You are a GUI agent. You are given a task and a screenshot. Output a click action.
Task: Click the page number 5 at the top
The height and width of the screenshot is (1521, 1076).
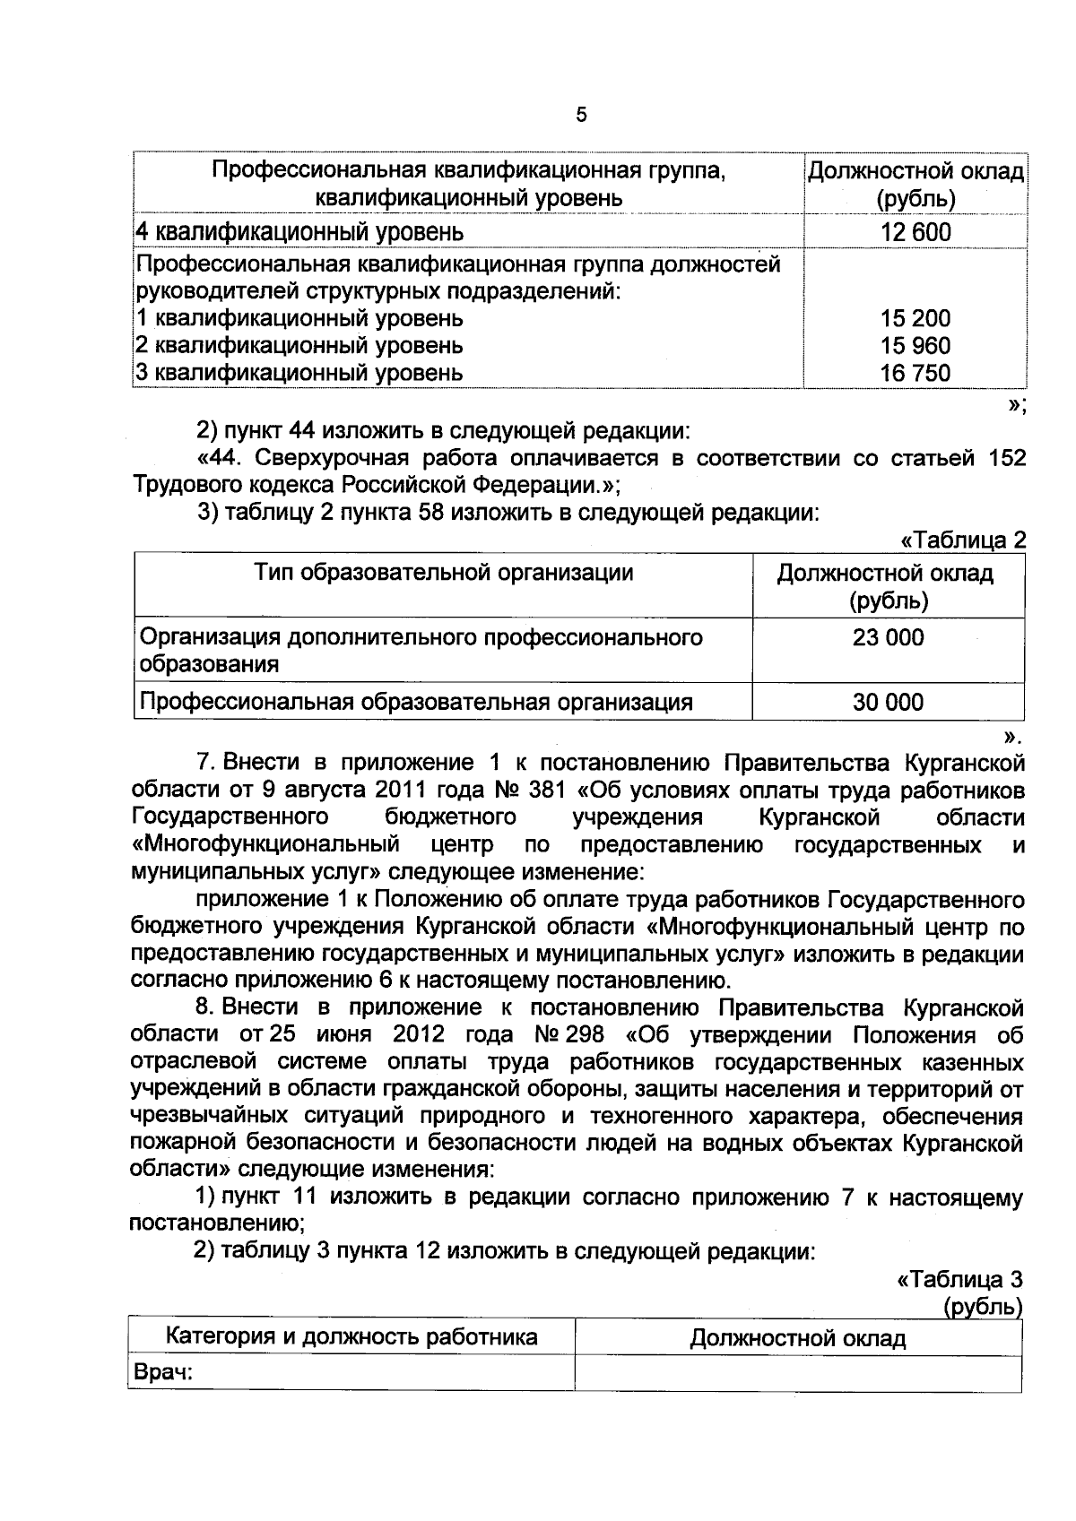tap(581, 115)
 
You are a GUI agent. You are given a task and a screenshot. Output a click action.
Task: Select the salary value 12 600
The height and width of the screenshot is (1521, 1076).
tap(915, 232)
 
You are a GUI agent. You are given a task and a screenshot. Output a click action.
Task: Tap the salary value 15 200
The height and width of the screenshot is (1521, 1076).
tap(915, 318)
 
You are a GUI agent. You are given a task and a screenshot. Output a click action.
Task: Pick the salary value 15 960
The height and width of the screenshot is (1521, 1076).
tap(915, 346)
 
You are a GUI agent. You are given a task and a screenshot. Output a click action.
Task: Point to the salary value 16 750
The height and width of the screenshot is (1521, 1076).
tap(915, 373)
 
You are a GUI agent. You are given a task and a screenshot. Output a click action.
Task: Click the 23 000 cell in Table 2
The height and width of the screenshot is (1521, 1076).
tap(888, 638)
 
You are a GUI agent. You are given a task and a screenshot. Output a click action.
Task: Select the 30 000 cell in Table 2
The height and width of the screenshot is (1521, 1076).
tap(888, 703)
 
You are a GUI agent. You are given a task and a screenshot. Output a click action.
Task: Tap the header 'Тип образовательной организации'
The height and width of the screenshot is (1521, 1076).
tap(444, 573)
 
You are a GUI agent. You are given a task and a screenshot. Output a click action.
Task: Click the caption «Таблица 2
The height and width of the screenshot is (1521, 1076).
tap(963, 540)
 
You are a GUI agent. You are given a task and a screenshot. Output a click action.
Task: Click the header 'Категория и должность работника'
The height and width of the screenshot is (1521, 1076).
tap(351, 1337)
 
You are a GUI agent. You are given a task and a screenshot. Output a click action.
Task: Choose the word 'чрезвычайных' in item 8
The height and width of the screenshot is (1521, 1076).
tap(204, 1117)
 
